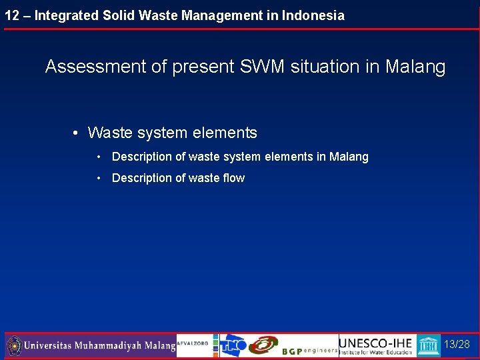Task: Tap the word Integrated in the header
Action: click(x=65, y=15)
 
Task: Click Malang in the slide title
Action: click(x=415, y=67)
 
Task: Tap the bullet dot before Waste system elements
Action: click(x=77, y=133)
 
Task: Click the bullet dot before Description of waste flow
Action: click(x=99, y=178)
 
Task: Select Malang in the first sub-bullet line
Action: click(x=349, y=157)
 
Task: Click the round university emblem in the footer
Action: click(x=13, y=346)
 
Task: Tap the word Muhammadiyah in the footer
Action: click(x=111, y=346)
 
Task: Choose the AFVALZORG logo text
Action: click(x=193, y=343)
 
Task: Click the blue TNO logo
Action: click(x=233, y=345)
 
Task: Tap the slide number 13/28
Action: click(x=457, y=345)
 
